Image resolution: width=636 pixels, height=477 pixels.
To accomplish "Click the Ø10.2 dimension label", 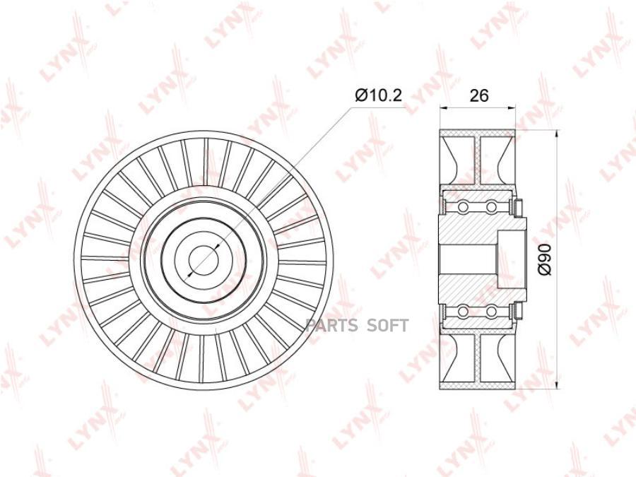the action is pos(378,95).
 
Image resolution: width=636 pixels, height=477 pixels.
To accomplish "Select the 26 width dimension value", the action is pos(479,95).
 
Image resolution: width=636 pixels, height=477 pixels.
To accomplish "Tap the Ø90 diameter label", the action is pos(546,259).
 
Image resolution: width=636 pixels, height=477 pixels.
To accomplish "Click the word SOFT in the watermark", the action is pos(388,326).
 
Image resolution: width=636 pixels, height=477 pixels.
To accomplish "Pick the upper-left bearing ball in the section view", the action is pos(463,208).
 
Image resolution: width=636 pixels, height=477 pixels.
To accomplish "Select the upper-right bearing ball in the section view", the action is pos(491,208).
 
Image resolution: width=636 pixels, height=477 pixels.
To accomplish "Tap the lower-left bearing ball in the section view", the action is pos(463,312).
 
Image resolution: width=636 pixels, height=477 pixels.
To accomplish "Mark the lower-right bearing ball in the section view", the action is pos(491,312).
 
